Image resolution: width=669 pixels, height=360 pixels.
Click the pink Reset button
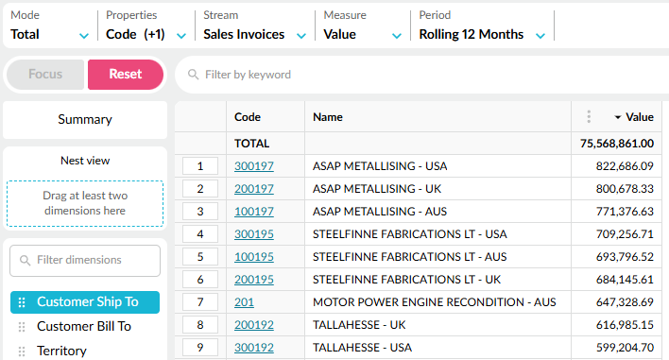[x=126, y=75]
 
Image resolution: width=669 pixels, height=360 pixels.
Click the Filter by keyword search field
[x=422, y=75]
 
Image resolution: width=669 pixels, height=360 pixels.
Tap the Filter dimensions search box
[x=85, y=260]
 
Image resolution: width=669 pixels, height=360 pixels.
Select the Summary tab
[x=85, y=119]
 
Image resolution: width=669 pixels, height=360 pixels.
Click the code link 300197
[x=254, y=166]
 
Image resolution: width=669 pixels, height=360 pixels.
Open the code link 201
[x=244, y=302]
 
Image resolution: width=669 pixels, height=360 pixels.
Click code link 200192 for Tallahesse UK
[x=254, y=325]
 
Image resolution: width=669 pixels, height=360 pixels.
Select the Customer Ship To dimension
[x=85, y=302]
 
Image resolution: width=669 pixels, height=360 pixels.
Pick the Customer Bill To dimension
[x=83, y=326]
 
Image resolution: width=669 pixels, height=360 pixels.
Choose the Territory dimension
[x=61, y=351]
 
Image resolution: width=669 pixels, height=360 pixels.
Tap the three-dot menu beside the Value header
[x=589, y=116]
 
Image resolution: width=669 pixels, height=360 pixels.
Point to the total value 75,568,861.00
[x=617, y=144]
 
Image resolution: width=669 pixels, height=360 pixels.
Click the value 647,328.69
[x=625, y=302]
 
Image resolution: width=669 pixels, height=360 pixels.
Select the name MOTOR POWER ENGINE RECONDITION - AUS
[x=435, y=302]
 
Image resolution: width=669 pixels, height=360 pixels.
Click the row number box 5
[x=200, y=257]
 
